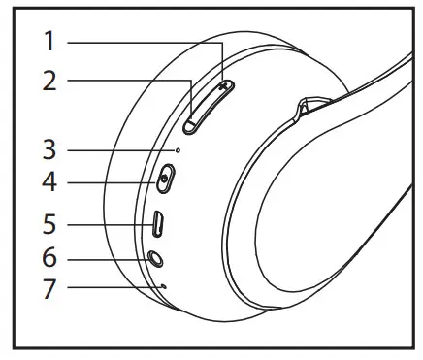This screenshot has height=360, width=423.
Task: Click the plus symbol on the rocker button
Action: pos(225,85)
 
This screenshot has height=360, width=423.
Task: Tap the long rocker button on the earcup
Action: pos(207,106)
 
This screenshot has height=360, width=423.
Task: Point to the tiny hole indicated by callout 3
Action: pos(177,150)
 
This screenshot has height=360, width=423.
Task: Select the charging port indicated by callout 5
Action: pos(159,225)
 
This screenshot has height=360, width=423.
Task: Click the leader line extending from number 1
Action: pos(146,42)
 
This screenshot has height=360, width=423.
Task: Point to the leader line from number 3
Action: pos(121,150)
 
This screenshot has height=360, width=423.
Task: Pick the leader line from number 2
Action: pos(126,81)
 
